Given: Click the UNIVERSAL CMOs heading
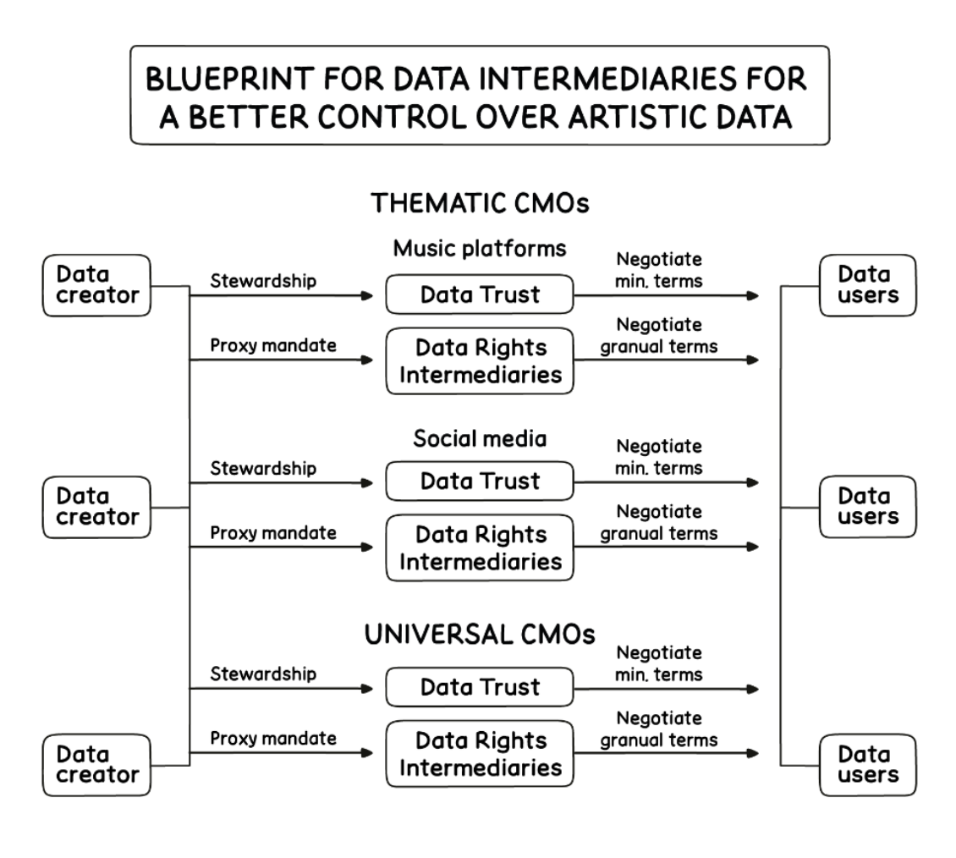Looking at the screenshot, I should [480, 635].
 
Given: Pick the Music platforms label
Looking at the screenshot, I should [480, 249].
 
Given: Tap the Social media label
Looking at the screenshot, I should [480, 439].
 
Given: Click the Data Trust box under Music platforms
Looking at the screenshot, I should [480, 294].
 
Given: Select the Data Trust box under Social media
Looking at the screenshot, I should [480, 481].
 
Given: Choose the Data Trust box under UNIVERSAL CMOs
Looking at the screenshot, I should [480, 687].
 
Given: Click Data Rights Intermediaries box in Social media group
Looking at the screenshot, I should [480, 548].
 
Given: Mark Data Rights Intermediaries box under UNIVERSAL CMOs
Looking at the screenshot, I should [480, 754].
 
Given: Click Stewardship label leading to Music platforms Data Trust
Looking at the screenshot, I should [263, 281].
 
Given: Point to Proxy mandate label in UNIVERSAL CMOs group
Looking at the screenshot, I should [272, 739].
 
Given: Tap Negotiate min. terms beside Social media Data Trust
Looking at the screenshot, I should [659, 457].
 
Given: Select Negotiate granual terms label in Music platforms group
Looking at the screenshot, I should [659, 335].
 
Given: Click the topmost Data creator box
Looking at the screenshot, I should [96, 286].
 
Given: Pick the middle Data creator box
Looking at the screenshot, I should [96, 506].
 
